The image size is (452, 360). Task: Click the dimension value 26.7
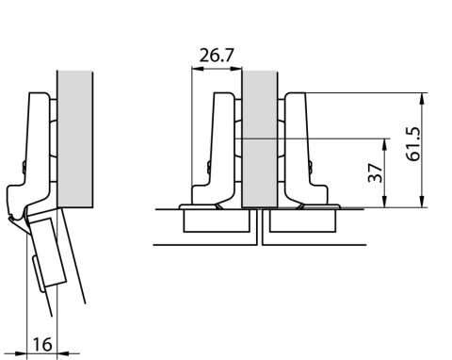tap(217, 56)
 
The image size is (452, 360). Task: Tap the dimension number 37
tap(376, 172)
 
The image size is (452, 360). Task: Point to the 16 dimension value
tap(42, 345)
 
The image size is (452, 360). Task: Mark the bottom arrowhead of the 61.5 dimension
tap(423, 202)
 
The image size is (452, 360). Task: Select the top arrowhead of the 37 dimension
tap(385, 144)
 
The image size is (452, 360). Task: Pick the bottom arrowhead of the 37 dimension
tap(385, 202)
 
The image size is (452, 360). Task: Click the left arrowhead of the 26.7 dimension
tap(197, 69)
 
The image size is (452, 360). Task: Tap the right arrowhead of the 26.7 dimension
tap(236, 69)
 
